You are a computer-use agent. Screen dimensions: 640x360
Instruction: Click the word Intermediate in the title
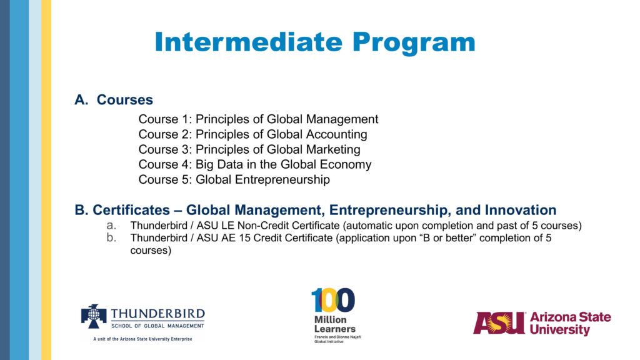[x=249, y=42]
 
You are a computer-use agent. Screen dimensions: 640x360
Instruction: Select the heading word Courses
[x=125, y=99]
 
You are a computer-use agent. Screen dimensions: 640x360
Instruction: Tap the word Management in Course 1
[x=342, y=119]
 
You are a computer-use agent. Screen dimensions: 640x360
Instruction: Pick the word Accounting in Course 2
[x=336, y=134]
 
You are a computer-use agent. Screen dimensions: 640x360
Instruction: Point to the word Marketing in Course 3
[x=333, y=149]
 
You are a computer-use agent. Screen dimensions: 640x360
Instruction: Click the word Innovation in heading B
[x=521, y=210]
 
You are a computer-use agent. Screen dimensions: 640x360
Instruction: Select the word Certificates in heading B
[x=131, y=210]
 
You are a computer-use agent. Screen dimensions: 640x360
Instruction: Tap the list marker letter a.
[x=111, y=225]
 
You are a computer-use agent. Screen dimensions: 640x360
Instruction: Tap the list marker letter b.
[x=111, y=237]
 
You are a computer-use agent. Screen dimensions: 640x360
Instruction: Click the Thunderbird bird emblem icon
[x=94, y=316]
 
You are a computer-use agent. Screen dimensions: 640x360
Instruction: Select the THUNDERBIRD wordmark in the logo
[x=158, y=314]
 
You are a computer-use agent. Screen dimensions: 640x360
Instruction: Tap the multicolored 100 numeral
[x=333, y=300]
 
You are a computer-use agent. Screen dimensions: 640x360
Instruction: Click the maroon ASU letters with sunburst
[x=499, y=323]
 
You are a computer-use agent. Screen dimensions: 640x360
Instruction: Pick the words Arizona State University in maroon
[x=570, y=323]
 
